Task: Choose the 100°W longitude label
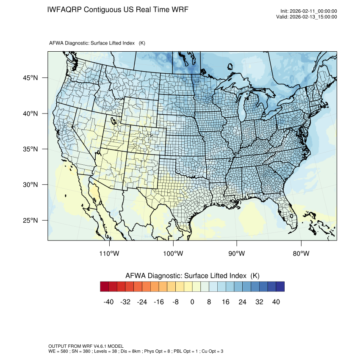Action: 173,254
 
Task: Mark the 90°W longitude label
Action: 237,254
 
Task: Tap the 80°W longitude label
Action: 301,254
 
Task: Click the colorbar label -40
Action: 109,302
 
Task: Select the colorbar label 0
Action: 192,302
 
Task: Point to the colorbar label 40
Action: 276,302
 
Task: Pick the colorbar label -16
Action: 159,302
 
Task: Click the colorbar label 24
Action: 242,302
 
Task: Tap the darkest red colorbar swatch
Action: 105,287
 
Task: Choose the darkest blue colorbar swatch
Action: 280,287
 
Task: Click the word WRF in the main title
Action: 178,9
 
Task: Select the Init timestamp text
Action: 309,11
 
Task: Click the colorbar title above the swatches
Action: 192,275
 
